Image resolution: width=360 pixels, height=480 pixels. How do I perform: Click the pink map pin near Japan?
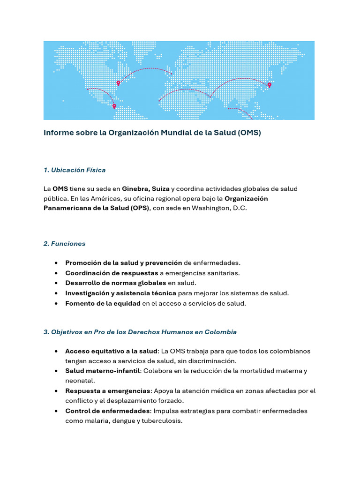pos(269,85)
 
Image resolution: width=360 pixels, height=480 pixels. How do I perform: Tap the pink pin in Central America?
pos(114,106)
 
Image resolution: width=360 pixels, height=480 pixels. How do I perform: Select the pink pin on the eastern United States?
pos(118,83)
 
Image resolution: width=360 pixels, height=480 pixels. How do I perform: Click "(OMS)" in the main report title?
pos(249,133)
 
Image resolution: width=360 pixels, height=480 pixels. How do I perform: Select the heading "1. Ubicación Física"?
pos(75,170)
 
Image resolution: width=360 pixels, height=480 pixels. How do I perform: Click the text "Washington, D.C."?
pos(220,208)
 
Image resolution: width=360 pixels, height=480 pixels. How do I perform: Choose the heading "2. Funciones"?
pos(64,244)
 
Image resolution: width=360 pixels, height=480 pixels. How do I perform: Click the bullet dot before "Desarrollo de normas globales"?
pos(56,283)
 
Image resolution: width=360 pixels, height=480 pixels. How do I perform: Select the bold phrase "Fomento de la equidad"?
pos(103,303)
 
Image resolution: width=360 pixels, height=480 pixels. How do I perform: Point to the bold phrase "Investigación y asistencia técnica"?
pos(120,293)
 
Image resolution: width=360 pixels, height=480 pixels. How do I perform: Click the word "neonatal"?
pos(80,381)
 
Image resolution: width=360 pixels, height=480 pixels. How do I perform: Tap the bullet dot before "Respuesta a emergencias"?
pos(56,391)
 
